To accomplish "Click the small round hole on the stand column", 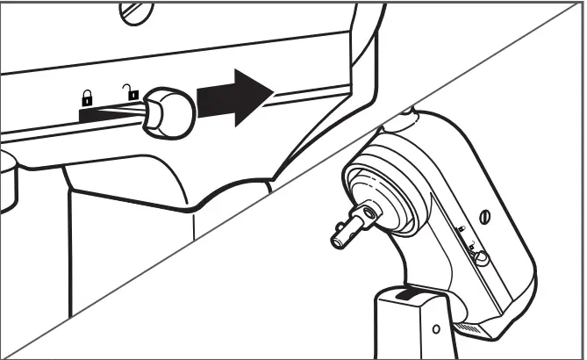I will point(436,329).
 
